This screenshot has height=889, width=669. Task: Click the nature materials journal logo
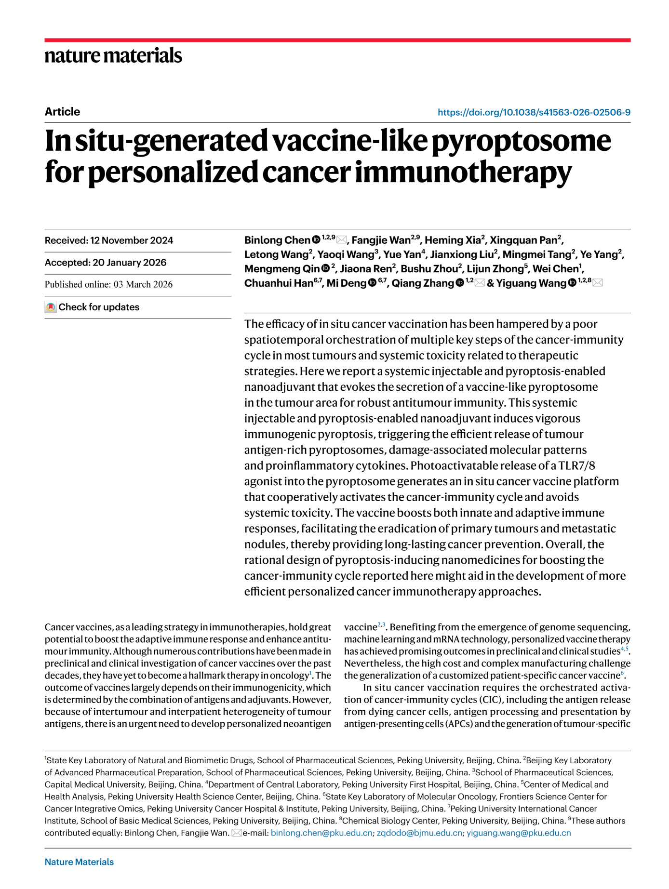click(113, 55)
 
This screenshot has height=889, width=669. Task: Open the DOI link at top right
click(534, 112)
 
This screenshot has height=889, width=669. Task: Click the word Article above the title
click(62, 112)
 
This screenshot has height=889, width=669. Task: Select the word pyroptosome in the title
click(521, 141)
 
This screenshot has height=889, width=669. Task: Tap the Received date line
click(109, 240)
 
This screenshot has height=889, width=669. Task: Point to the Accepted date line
click(106, 263)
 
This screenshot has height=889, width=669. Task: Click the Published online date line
click(108, 284)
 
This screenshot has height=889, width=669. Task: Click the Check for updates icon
click(51, 307)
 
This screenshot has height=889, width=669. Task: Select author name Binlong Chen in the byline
click(277, 240)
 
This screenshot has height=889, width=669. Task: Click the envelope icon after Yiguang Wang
click(598, 283)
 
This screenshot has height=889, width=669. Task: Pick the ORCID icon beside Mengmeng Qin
click(326, 269)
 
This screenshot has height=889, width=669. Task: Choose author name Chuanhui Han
click(279, 283)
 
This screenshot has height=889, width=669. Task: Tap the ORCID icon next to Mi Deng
click(372, 283)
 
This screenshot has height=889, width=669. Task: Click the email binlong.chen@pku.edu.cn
click(321, 833)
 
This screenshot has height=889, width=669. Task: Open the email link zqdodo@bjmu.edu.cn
click(419, 833)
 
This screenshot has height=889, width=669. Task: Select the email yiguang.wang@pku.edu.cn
click(519, 833)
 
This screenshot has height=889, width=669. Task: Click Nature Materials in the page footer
click(79, 862)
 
